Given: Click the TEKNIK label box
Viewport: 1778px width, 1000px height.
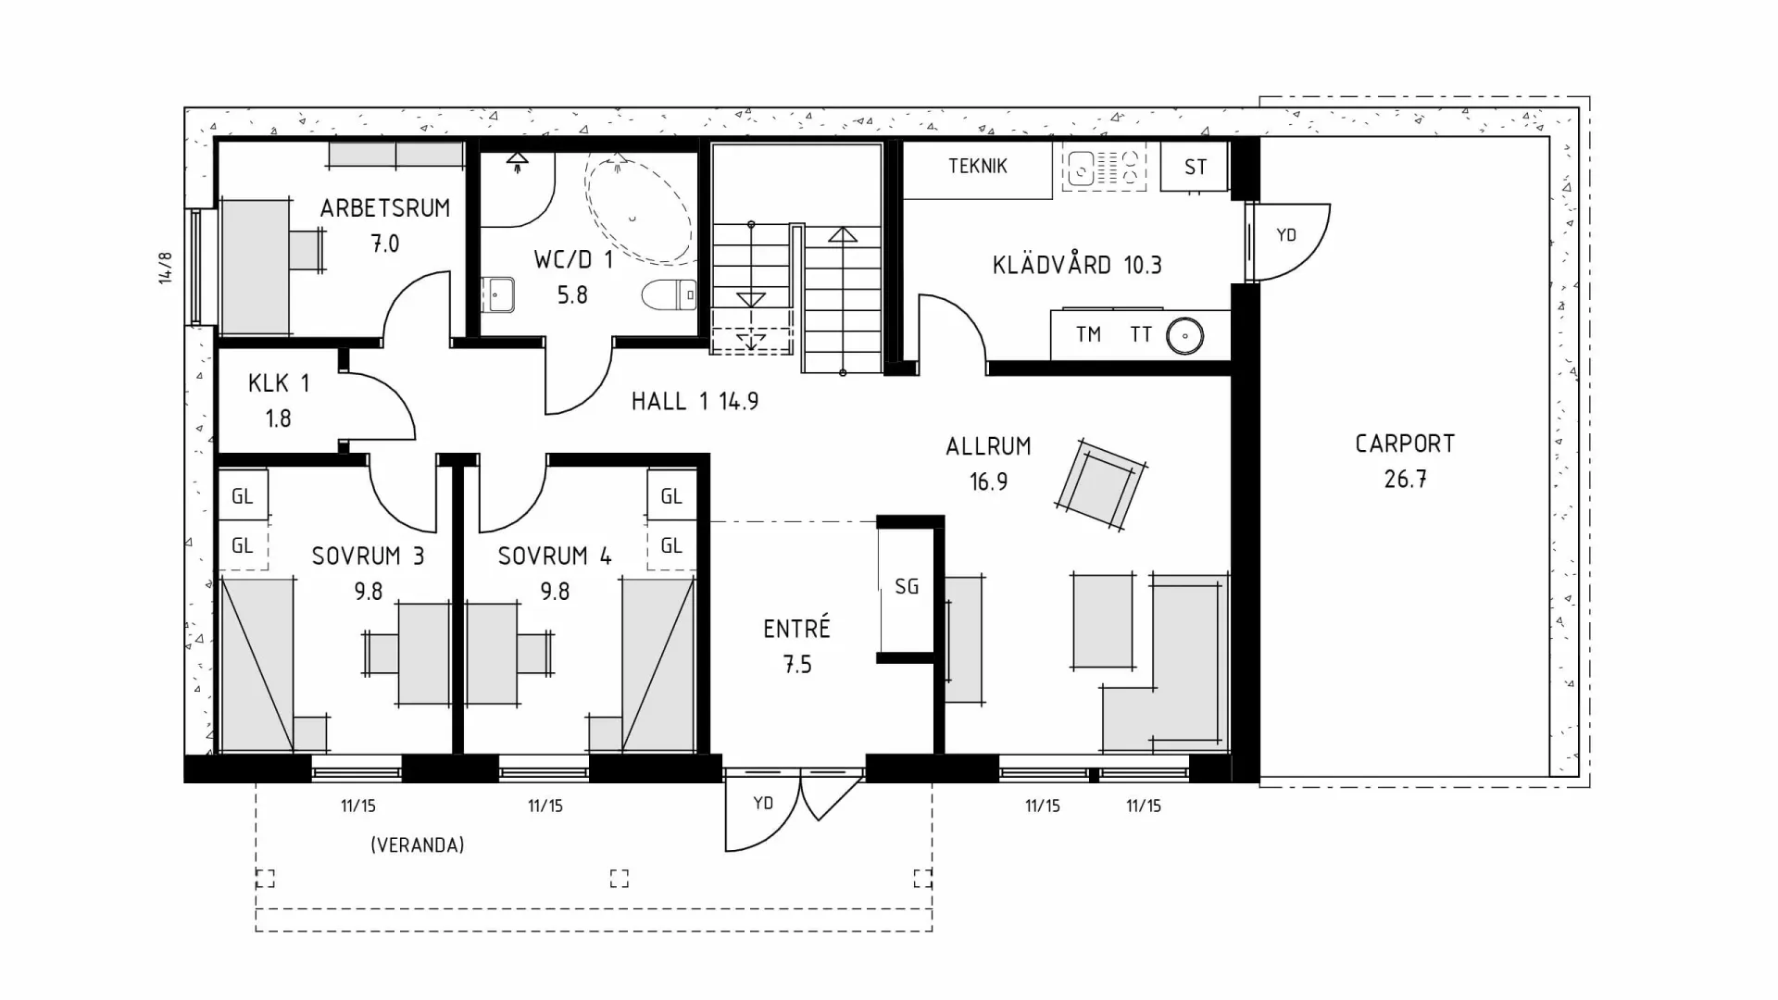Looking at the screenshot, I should click(977, 167).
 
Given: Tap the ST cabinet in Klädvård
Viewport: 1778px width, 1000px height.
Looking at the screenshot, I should click(1195, 167).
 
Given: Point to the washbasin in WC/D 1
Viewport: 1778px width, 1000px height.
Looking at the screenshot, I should click(498, 295).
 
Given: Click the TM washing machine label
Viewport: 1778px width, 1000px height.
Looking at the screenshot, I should click(1088, 334).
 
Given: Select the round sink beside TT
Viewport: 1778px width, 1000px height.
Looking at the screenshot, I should click(1184, 335).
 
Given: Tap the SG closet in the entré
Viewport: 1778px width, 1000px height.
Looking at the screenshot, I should click(906, 586).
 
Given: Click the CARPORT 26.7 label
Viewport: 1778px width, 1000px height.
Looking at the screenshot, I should click(1405, 460).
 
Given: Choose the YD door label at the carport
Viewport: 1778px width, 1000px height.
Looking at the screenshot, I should click(1285, 235).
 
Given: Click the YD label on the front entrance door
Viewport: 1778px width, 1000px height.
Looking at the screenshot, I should click(762, 803).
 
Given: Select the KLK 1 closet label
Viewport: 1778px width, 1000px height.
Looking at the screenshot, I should click(278, 383).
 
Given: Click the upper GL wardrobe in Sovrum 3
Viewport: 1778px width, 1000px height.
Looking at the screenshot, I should click(242, 496).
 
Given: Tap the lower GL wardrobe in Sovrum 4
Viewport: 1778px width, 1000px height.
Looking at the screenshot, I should click(671, 545).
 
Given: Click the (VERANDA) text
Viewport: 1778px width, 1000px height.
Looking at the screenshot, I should click(417, 844).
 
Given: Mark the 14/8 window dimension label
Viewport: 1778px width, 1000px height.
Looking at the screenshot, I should click(166, 268).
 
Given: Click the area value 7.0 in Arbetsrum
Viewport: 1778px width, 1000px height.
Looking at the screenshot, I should click(385, 244).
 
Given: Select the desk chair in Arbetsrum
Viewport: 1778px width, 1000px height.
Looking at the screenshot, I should click(307, 250).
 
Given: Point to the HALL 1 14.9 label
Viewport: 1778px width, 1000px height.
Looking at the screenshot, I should click(695, 401).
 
